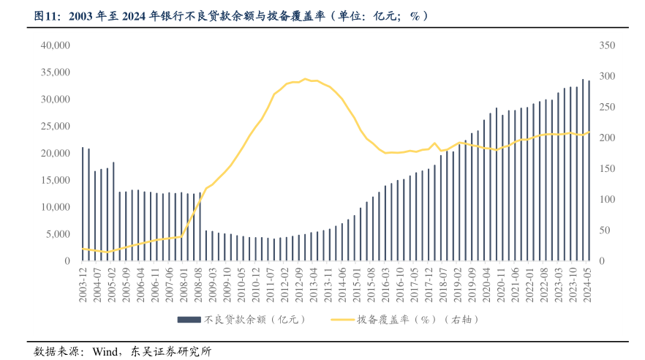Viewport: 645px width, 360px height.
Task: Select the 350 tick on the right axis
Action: pyautogui.click(x=608, y=45)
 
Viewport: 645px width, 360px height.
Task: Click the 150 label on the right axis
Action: pyautogui.click(x=608, y=169)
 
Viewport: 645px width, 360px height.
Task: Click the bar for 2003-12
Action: pyautogui.click(x=83, y=204)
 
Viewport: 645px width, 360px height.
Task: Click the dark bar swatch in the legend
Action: pyautogui.click(x=189, y=320)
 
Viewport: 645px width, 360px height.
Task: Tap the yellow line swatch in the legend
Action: pyautogui.click(x=342, y=320)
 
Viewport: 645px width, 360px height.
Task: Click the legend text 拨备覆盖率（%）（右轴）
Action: pyautogui.click(x=413, y=320)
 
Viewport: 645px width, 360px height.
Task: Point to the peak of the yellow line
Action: pyautogui.click(x=306, y=79)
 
